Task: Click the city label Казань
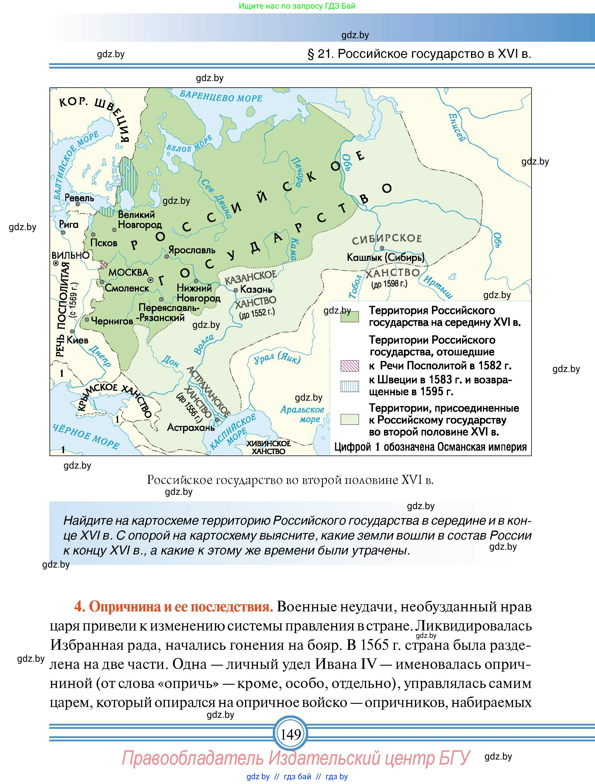pos(256,289)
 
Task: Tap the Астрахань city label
pos(191,427)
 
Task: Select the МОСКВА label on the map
pos(128,272)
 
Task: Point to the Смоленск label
pos(127,288)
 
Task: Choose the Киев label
pos(77,340)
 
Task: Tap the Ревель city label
pos(79,197)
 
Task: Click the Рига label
pos(69,224)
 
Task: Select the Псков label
pos(103,243)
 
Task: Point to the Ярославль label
pos(192,250)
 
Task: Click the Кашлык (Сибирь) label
pos(385,257)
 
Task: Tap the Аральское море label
pos(302,414)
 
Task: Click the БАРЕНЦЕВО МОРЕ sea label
pos(221,96)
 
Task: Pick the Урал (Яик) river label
pos(277,358)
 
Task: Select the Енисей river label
pos(456,127)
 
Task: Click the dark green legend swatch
pos(349,317)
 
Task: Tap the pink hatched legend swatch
pos(349,365)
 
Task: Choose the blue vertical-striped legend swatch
pos(349,386)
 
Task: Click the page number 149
pos(291,734)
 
